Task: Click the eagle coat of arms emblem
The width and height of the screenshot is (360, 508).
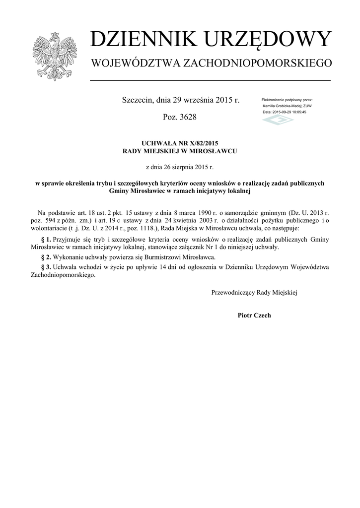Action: pos(55,56)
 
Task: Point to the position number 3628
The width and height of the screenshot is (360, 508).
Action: pos(187,118)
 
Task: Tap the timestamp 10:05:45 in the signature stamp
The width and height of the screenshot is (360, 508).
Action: pos(297,112)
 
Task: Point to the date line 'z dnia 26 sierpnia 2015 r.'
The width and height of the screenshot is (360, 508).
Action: pos(180,167)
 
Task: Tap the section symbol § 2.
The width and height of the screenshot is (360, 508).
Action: pos(45,257)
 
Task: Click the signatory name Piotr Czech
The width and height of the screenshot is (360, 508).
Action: pos(254,316)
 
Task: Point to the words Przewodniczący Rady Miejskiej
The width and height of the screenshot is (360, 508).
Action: pos(254,293)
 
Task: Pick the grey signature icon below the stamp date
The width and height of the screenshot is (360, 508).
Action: pos(278,120)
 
